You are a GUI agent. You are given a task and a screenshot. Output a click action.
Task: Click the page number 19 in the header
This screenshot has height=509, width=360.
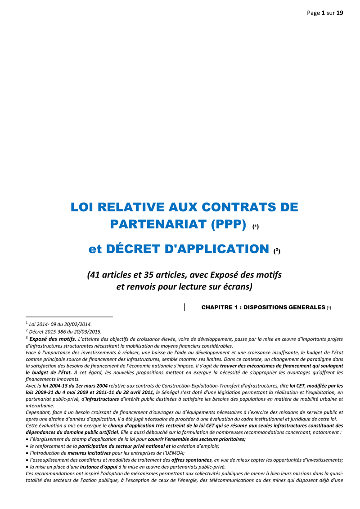point(340,13)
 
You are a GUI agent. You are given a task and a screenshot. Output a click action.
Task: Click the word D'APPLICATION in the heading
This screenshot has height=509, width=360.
point(218,248)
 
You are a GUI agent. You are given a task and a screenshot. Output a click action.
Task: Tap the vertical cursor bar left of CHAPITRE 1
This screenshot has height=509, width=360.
point(185,307)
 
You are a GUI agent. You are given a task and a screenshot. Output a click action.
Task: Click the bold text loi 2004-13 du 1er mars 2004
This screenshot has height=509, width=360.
point(75,385)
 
